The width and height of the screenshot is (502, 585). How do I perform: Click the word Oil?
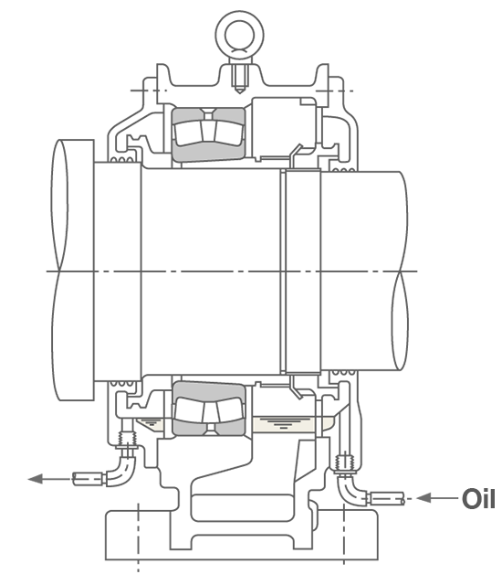coord(477,500)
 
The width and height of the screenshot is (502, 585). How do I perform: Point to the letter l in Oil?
coord(490,500)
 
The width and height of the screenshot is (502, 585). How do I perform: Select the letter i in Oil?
coord(483,500)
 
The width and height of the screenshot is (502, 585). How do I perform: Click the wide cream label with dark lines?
coord(285,424)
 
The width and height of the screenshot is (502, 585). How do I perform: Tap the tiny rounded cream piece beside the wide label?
coord(328,422)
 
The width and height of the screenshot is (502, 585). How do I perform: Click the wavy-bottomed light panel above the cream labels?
coord(209,391)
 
